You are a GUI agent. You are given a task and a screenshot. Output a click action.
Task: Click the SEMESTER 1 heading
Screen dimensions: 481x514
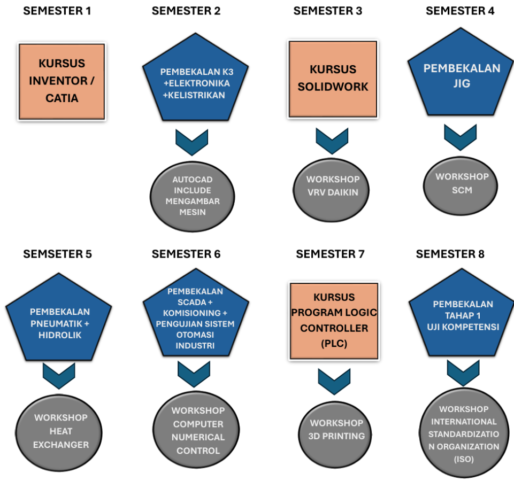(57, 11)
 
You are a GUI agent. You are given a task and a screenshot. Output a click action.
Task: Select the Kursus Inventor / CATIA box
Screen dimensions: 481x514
(62, 81)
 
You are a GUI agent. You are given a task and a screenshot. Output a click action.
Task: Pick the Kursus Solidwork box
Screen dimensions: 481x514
(333, 78)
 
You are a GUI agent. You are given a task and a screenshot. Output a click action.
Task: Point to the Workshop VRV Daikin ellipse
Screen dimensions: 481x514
(333, 185)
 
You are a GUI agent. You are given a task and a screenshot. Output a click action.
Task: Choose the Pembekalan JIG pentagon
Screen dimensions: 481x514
(462, 77)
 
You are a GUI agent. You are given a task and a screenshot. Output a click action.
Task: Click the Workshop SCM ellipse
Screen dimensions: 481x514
(462, 183)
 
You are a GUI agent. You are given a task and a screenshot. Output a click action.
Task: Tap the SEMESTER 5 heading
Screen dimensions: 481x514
(57, 254)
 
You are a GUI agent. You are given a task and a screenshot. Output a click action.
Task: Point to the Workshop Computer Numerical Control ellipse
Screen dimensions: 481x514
(197, 430)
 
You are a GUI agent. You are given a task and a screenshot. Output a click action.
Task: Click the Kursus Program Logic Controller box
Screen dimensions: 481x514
(334, 321)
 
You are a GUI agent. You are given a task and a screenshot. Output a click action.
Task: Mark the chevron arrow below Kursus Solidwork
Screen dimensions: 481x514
(332, 140)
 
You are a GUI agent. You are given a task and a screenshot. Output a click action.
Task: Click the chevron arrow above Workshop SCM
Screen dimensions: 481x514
(461, 137)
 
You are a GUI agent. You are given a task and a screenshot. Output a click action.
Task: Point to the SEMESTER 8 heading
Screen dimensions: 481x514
(450, 254)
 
